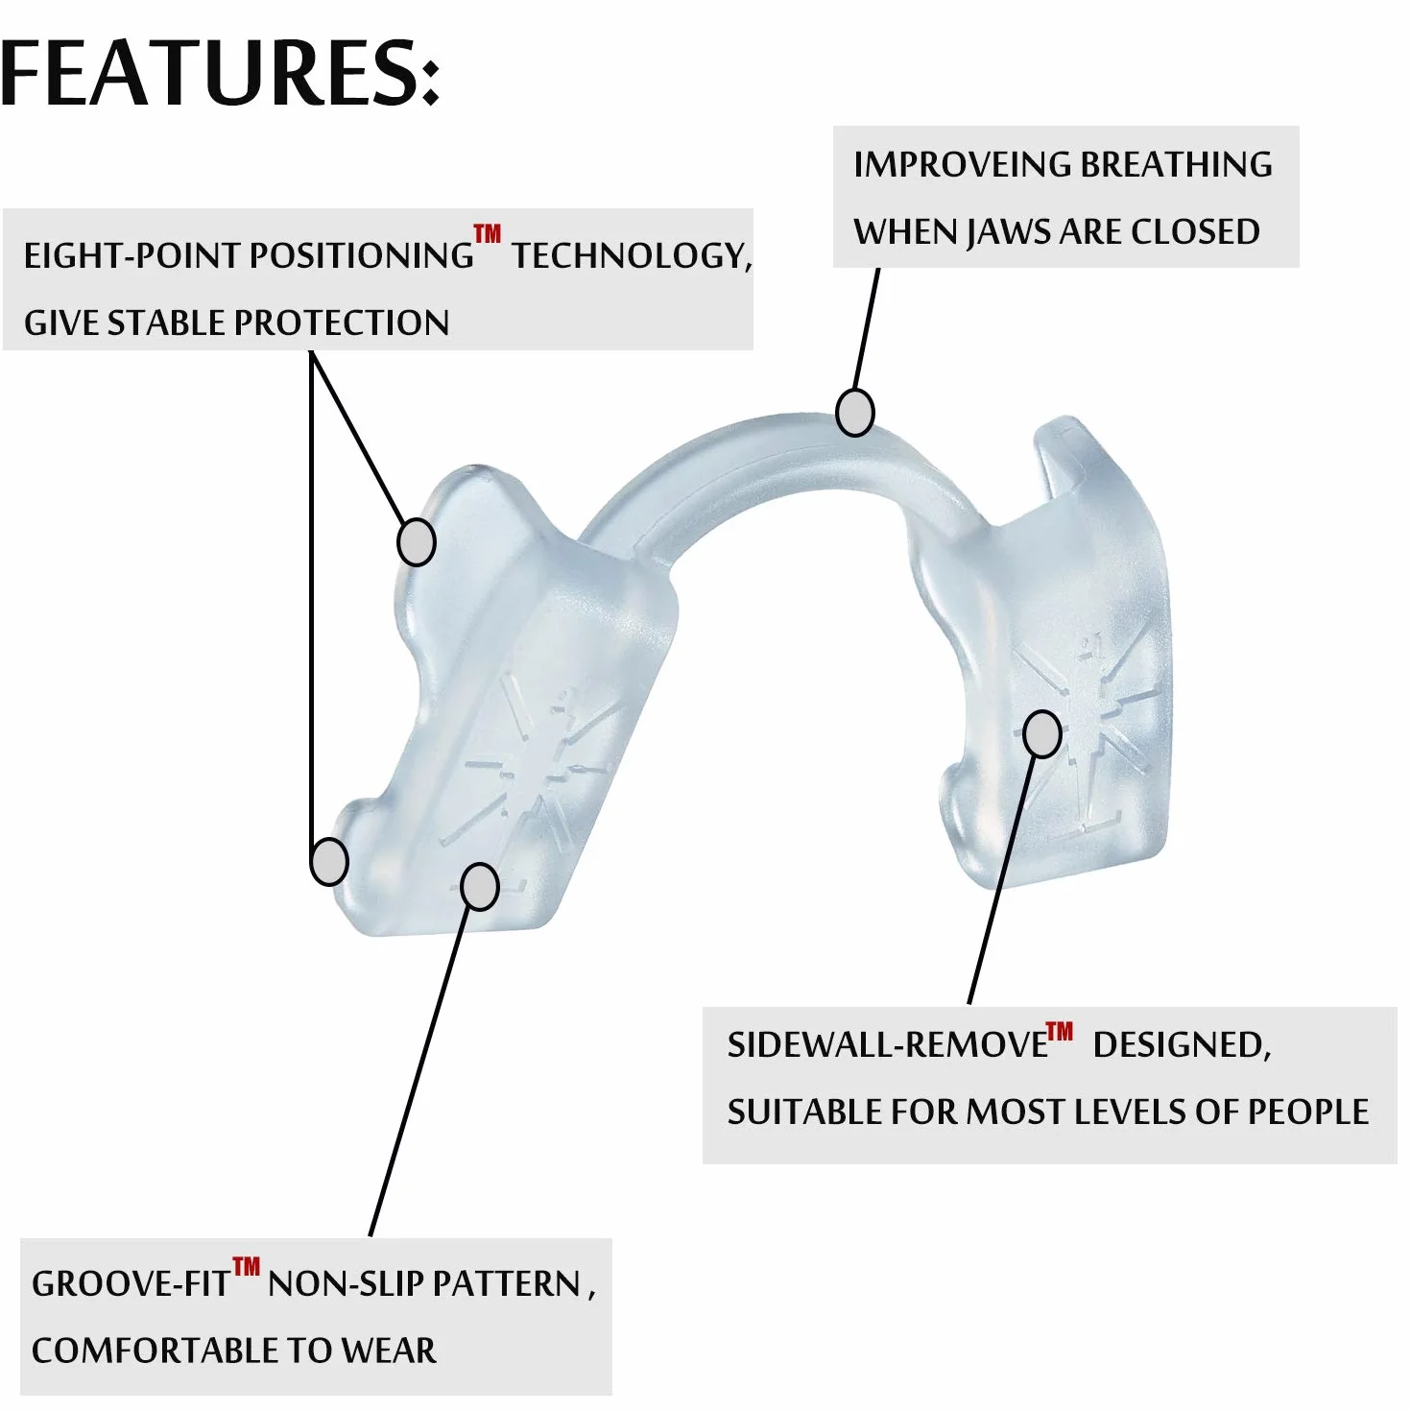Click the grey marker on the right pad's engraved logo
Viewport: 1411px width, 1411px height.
point(1042,733)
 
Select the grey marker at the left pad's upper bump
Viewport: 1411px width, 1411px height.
point(416,542)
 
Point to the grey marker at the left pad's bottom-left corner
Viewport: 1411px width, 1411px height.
point(329,861)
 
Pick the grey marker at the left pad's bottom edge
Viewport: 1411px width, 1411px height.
point(480,887)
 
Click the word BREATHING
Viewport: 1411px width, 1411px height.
point(1177,165)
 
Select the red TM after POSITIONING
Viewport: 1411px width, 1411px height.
point(487,234)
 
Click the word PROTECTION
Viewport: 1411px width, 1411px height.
point(341,323)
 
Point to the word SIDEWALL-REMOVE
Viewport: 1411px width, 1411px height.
point(888,1045)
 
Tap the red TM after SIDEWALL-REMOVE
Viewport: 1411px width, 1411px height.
point(1060,1032)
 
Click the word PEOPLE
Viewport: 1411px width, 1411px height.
point(1307,1112)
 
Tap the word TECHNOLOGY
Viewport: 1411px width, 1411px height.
point(632,256)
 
